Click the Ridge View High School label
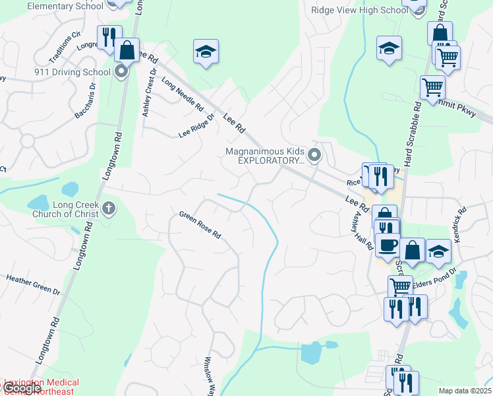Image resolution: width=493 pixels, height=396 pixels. [360, 10]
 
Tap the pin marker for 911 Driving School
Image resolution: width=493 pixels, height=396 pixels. [121, 71]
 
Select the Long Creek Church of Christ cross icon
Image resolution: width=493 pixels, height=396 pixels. [109, 209]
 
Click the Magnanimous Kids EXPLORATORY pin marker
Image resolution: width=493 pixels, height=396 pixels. [315, 156]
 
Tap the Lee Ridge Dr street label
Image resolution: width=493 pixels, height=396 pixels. [196, 126]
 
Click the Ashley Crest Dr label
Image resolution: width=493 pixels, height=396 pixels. [149, 93]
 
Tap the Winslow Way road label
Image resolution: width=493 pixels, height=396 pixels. [209, 377]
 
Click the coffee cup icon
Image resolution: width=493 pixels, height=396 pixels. [388, 244]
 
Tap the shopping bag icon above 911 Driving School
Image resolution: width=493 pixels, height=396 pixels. [127, 50]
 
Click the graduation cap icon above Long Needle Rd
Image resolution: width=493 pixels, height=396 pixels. [206, 51]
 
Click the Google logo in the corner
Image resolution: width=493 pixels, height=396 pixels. [21, 388]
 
